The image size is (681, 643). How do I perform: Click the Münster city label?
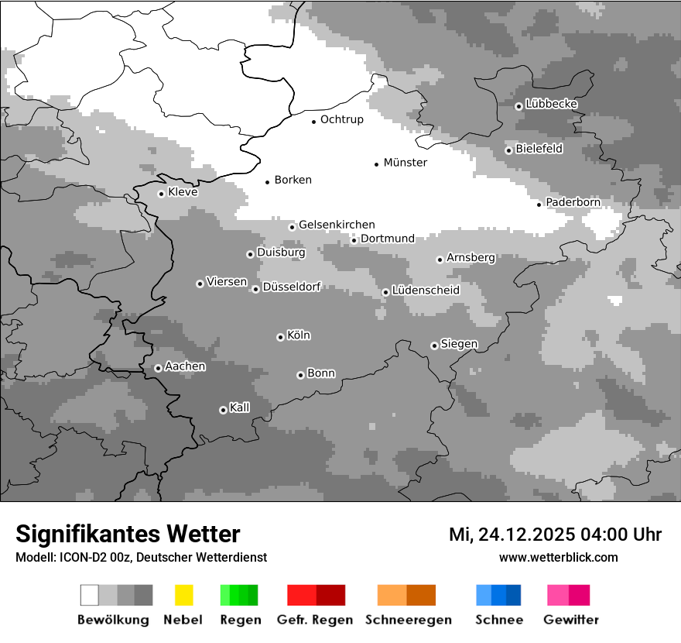[x=405, y=163]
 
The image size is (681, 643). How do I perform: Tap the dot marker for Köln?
[x=280, y=337]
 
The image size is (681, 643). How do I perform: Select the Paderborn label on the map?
[x=573, y=202]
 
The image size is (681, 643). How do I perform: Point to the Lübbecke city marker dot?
[x=518, y=106]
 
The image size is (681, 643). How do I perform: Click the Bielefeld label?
[x=539, y=149]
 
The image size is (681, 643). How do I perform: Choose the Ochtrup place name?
[x=341, y=119]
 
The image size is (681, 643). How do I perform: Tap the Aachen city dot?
[x=158, y=368]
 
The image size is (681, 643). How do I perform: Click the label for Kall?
[x=239, y=407]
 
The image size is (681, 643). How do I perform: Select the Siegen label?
[x=459, y=344]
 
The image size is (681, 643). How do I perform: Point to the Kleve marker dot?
[x=161, y=194]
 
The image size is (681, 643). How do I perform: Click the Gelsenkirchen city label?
[x=337, y=225]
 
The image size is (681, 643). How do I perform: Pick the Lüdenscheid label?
[x=426, y=291]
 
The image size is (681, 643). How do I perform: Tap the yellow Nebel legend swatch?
[x=183, y=595]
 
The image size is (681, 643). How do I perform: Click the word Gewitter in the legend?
[x=570, y=620]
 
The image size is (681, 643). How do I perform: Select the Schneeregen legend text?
[x=408, y=620]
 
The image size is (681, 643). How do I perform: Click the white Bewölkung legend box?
[x=90, y=595]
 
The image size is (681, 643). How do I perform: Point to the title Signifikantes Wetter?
[x=128, y=534]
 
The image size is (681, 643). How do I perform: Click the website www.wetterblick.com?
[x=558, y=557]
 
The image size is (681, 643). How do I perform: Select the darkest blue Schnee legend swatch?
[x=514, y=595]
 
